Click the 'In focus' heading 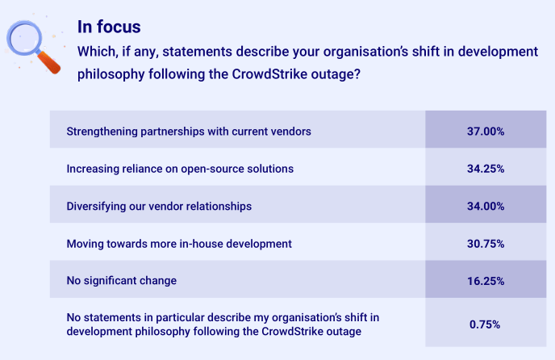pyautogui.click(x=109, y=27)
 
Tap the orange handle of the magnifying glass pyautogui.click(x=48, y=62)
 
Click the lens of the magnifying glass pyautogui.click(x=24, y=39)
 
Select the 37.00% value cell pyautogui.click(x=486, y=132)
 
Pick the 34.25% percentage pyautogui.click(x=486, y=169)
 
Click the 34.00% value pyautogui.click(x=486, y=206)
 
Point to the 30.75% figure pyautogui.click(x=486, y=244)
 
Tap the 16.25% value pyautogui.click(x=486, y=281)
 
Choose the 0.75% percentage pyautogui.click(x=485, y=324)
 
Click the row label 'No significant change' pyautogui.click(x=121, y=281)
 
